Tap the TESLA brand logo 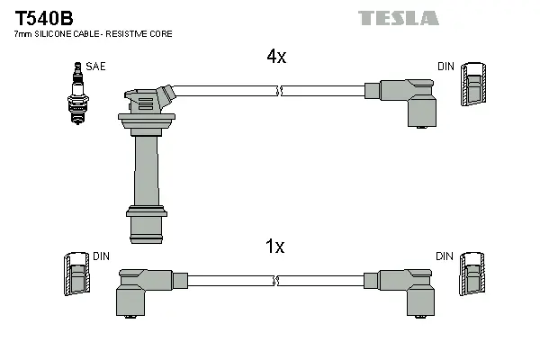pos(398,18)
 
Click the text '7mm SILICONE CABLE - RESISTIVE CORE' pos(93,33)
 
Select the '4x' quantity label pos(275,57)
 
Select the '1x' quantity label pos(275,247)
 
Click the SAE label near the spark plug pos(94,66)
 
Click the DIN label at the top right pos(445,66)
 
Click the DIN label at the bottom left pos(101,256)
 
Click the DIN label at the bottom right pos(445,256)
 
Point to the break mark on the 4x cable pos(282,91)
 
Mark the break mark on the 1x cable pos(282,280)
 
